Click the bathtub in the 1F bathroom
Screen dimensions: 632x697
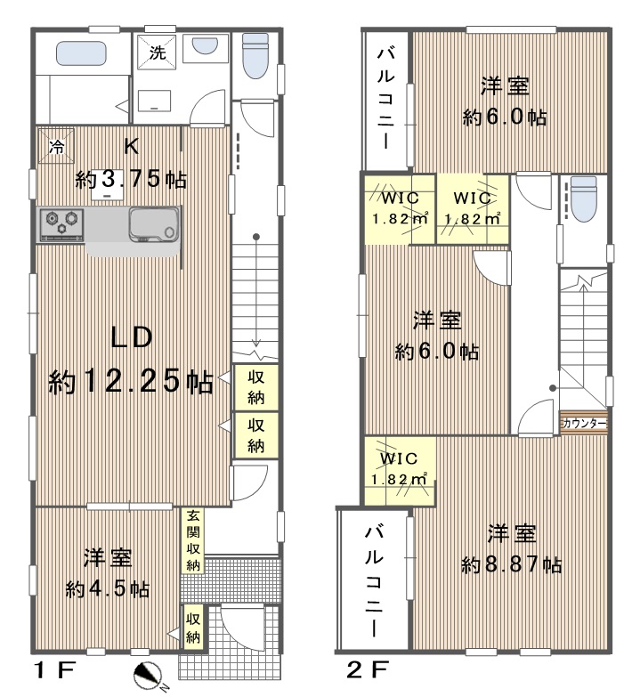(81, 53)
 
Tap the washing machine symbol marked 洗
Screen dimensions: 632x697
(157, 52)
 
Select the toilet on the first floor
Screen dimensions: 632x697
(255, 55)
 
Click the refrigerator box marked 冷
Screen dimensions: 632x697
(56, 146)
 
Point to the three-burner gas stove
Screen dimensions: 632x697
(61, 224)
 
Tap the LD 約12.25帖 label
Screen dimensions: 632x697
(131, 360)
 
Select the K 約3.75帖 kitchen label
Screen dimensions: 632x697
(131, 163)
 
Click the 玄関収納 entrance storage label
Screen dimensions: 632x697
(193, 540)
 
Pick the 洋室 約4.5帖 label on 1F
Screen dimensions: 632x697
(108, 573)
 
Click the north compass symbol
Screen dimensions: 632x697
(150, 674)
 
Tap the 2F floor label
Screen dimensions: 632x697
(368, 669)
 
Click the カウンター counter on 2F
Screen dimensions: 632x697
(584, 423)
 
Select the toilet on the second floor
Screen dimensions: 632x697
(583, 199)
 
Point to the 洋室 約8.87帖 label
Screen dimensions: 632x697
(511, 549)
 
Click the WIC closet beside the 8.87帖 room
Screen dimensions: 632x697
(399, 471)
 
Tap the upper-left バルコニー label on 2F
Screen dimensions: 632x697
(385, 98)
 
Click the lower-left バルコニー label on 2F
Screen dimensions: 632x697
(373, 581)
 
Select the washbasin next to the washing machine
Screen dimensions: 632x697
(205, 45)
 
